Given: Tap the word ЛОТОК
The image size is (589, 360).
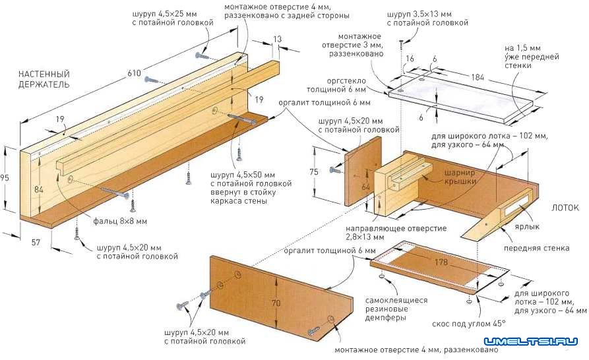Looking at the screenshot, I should (x=565, y=207).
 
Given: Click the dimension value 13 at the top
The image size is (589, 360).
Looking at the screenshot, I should (x=277, y=40).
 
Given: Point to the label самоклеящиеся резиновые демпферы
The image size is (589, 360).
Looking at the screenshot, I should (x=396, y=309).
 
